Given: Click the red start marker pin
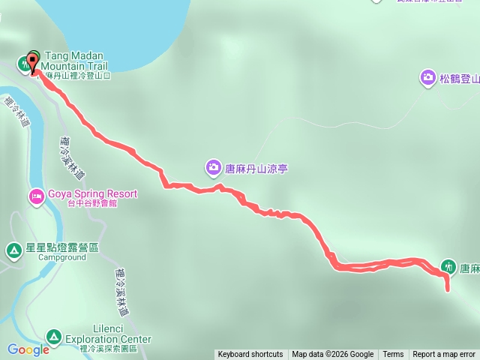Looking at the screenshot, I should tap(32, 61).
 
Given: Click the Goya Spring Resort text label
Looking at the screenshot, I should tap(92, 193).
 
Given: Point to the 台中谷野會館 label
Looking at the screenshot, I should tap(91, 203).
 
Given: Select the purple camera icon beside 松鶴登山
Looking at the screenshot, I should tap(427, 76).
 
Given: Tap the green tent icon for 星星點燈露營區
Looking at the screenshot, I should tap(13, 249).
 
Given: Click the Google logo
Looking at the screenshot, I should tap(28, 349).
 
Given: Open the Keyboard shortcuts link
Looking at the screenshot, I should tap(250, 355).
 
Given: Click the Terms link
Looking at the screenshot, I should tap(393, 355).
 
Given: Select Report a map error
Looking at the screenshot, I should tap(444, 355).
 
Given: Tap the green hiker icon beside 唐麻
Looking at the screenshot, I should tap(448, 265).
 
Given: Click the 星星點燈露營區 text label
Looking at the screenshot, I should tap(62, 247).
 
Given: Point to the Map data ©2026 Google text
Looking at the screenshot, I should tap(332, 355).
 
